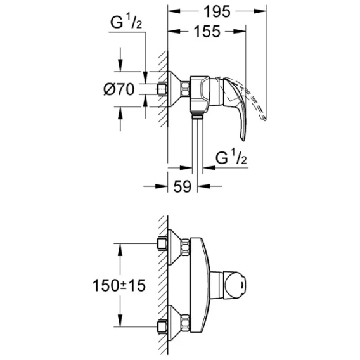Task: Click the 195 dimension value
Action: (x=217, y=11)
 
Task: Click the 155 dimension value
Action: (x=207, y=32)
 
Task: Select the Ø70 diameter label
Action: (x=119, y=89)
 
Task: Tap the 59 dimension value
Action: (x=183, y=186)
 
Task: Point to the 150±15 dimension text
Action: (x=119, y=285)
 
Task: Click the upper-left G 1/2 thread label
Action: (x=126, y=22)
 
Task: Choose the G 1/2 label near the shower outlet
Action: (x=231, y=157)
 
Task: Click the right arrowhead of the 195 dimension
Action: (x=260, y=11)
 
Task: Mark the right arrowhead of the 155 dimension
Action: (x=240, y=31)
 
